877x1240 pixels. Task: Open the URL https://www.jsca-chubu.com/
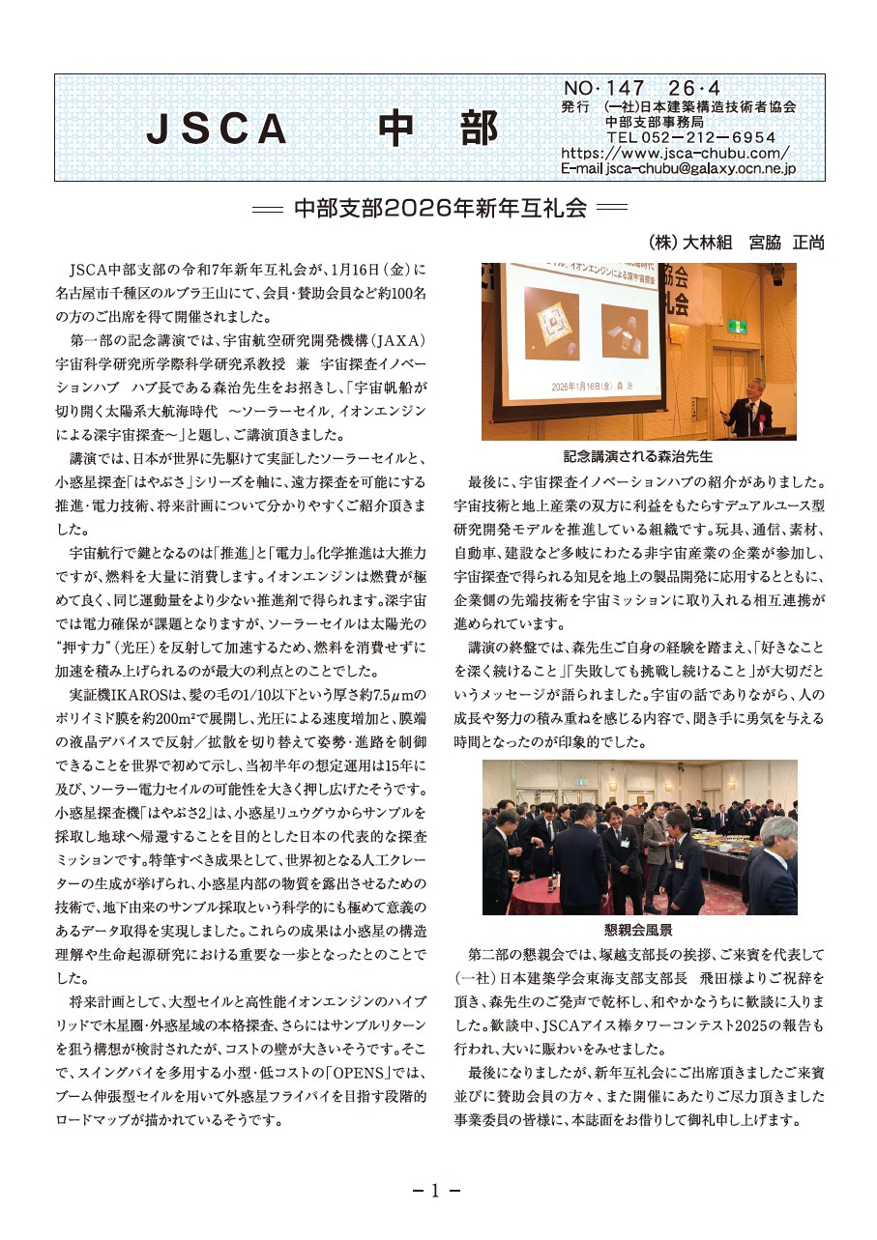click(675, 153)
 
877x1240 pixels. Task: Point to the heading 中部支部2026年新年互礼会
click(439, 208)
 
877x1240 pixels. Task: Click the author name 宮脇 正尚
click(786, 243)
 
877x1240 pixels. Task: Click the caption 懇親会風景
click(638, 929)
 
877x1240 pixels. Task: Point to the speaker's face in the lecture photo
click(750, 386)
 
